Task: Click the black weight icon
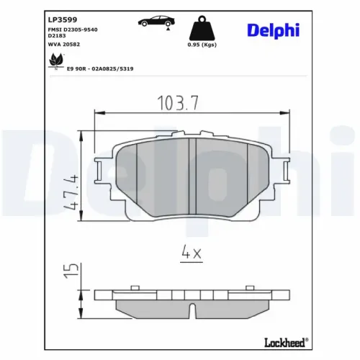(201, 29)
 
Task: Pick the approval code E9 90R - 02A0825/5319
(99, 68)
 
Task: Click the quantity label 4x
(192, 253)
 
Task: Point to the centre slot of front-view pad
(192, 174)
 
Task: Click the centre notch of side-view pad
(192, 311)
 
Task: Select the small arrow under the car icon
(168, 30)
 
